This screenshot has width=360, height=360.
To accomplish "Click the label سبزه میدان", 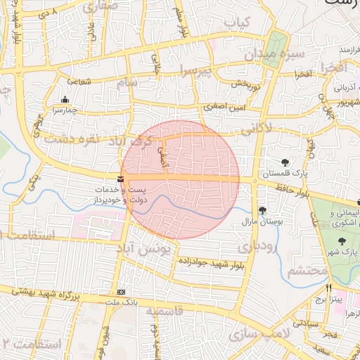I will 274,53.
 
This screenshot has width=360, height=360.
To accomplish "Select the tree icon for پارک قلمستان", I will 285,162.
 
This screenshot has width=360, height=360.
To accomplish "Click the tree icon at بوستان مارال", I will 262,210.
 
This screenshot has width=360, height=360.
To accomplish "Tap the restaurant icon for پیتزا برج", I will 328,288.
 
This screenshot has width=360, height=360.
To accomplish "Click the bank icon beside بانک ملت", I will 122,292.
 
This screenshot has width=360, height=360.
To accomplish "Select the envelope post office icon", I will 122,179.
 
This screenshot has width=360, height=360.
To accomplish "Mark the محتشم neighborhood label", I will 307,271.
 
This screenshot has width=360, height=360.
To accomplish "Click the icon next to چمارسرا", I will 65,99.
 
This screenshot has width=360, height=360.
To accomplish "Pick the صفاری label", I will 101,8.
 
